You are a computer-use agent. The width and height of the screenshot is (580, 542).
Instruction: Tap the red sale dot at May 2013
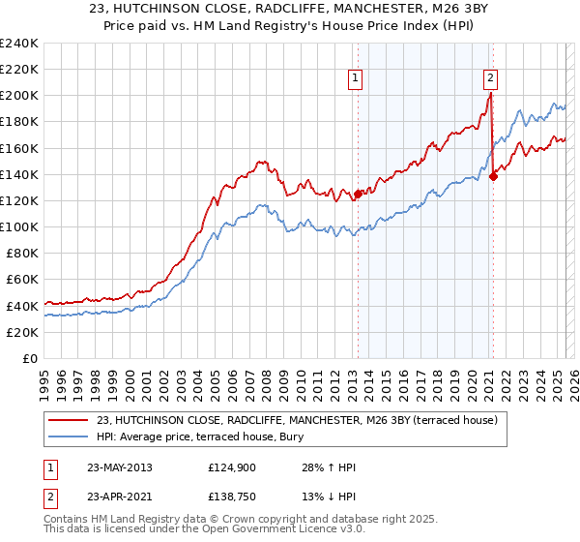[x=358, y=194]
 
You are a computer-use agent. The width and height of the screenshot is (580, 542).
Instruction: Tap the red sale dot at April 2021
[x=493, y=175]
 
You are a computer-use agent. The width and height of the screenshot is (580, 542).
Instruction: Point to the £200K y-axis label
[x=18, y=96]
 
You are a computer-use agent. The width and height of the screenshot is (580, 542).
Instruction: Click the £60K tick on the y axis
[x=21, y=279]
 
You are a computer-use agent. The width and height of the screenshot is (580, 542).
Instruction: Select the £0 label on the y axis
[x=30, y=358]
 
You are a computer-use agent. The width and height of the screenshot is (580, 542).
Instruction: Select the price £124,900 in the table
[x=230, y=467]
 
